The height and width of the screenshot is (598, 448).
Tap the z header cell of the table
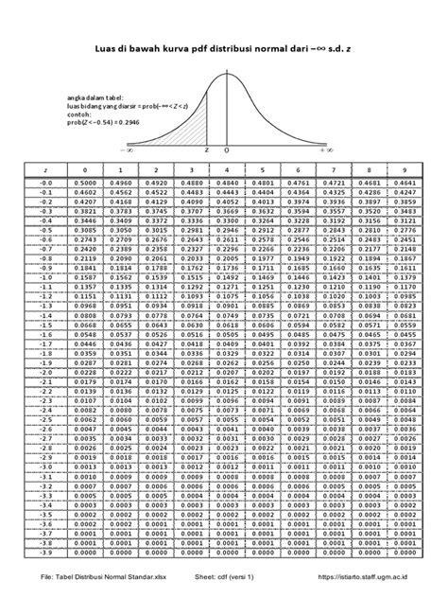click(x=45, y=167)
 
